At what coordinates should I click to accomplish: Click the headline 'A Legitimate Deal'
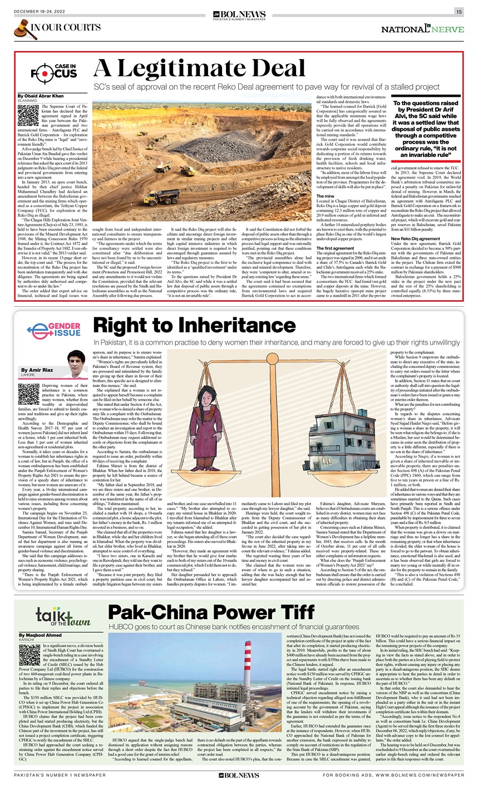tap(199, 69)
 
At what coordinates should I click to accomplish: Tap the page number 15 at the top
tap(459, 12)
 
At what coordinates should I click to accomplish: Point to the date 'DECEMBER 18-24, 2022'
tap(40, 12)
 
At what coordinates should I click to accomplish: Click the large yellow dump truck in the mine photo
tap(160, 197)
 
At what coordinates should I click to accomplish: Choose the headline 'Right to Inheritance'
tap(195, 326)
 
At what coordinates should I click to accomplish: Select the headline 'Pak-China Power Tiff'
tap(211, 612)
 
